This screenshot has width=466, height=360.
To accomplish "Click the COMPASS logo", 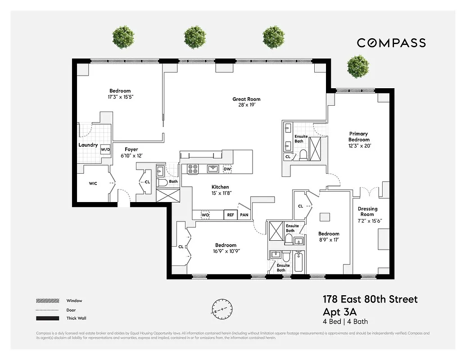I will [391, 43].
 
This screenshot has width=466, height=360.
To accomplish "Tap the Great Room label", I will [246, 99].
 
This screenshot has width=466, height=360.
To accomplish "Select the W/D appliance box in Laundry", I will [105, 149].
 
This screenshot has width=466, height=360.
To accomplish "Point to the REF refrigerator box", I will [231, 215].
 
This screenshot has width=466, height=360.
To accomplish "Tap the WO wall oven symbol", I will [205, 215].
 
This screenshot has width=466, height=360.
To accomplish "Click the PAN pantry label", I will [244, 215].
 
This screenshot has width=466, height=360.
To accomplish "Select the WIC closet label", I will [93, 184].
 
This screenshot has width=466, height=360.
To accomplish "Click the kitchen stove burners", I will [193, 169].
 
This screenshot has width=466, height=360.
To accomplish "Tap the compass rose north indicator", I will [222, 309].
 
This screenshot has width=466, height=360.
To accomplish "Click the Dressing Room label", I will [367, 211].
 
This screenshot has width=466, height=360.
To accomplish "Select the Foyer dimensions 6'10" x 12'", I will [131, 156].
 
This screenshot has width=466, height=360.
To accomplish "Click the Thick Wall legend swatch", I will [48, 319].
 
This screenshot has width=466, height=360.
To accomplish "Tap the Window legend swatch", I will [48, 301].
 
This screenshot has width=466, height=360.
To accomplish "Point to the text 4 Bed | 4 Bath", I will [345, 321].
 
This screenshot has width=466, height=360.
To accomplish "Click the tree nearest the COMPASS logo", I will [358, 66].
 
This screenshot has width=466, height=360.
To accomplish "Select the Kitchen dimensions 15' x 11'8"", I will [220, 193].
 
